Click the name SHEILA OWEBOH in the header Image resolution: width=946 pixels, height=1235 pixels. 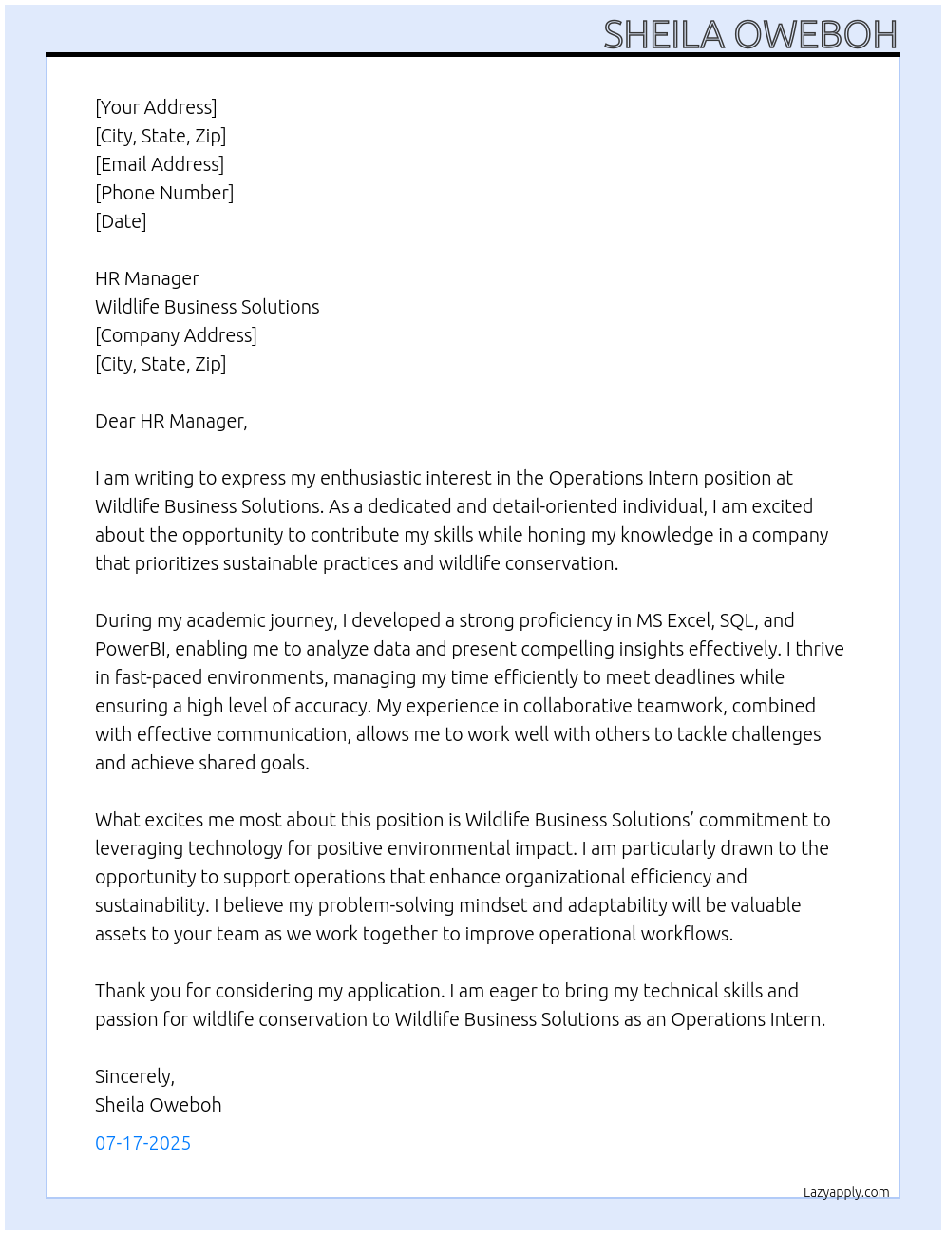pyautogui.click(x=749, y=34)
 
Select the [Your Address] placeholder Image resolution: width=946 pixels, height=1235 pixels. pyautogui.click(x=156, y=107)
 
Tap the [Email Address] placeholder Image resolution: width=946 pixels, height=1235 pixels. pyautogui.click(x=160, y=164)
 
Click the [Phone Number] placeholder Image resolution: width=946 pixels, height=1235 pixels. pyautogui.click(x=164, y=193)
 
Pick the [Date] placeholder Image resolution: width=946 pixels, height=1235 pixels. pyautogui.click(x=121, y=221)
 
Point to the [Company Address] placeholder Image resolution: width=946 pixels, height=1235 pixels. pyautogui.click(x=176, y=335)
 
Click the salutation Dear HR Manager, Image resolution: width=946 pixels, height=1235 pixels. pyautogui.click(x=171, y=421)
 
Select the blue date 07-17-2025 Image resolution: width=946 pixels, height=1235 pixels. pyautogui.click(x=142, y=1143)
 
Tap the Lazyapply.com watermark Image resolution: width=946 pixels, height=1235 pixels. pyautogui.click(x=846, y=1192)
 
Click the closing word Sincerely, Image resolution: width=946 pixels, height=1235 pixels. pyautogui.click(x=135, y=1076)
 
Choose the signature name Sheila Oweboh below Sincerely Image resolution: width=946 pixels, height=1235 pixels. pyautogui.click(x=158, y=1105)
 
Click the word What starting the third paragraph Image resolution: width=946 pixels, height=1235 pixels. pyautogui.click(x=117, y=820)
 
